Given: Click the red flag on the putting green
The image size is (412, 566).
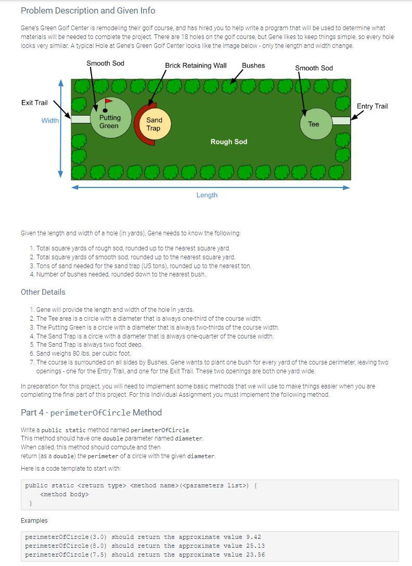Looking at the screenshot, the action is tap(108, 101).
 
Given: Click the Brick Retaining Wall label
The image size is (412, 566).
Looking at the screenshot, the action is tap(196, 66).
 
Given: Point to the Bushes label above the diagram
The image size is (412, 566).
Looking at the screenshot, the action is tap(253, 66).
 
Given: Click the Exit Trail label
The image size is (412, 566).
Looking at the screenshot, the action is tap(34, 103).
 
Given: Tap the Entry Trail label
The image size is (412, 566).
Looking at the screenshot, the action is tap(372, 106).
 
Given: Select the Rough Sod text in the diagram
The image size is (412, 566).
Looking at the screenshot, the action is tap(229, 142).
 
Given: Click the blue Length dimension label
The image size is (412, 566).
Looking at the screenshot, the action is tap(207, 195).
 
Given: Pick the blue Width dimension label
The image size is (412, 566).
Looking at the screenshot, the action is tap(50, 121).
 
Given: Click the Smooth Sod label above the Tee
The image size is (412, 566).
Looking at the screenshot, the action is tap(314, 68).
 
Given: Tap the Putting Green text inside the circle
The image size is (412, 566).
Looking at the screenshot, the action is tap(109, 122).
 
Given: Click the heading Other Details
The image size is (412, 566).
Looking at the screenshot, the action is tap(43, 292).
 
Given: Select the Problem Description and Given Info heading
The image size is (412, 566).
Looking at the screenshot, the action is tap(88, 10).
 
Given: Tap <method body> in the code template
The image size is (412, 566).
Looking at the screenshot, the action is tap(65, 494).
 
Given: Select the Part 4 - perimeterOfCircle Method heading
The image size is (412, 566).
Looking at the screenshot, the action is tap(91, 412).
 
